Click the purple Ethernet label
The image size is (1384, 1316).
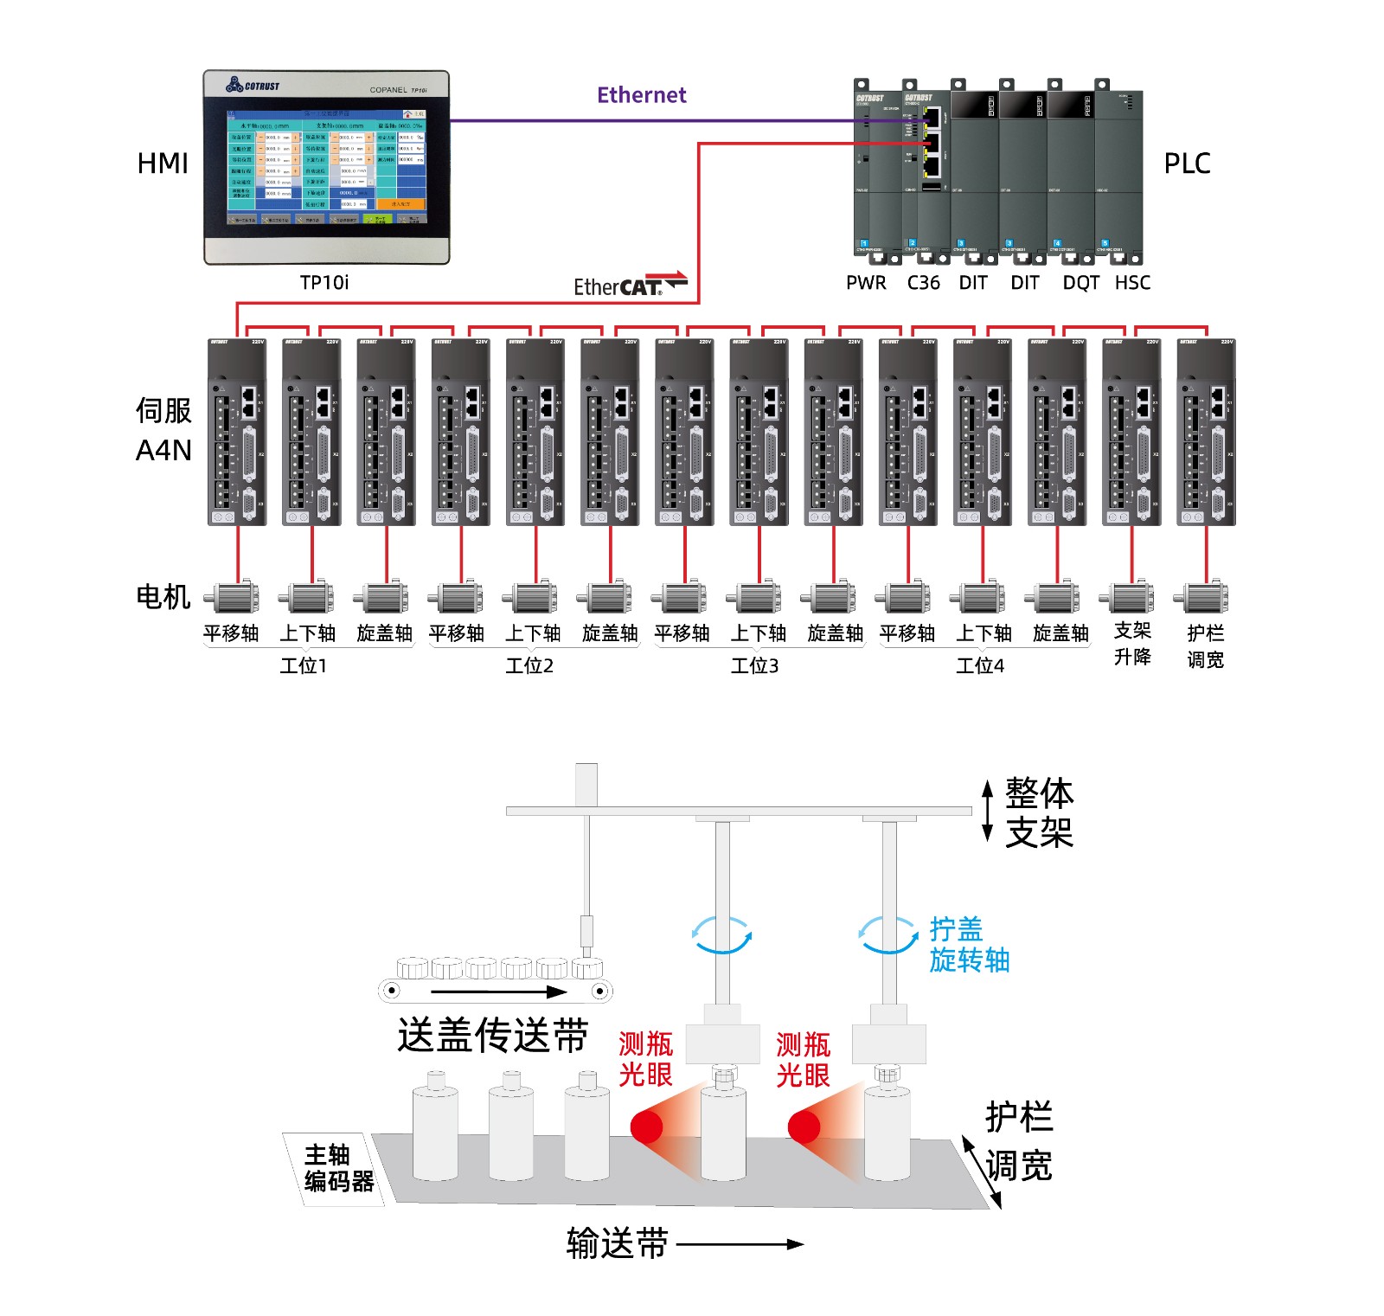pos(641,95)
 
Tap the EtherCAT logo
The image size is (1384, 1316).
pos(630,285)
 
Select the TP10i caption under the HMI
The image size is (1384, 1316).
pos(324,282)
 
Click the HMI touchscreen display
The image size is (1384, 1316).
pos(327,166)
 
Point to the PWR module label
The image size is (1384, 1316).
pos(866,283)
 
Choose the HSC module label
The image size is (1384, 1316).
pos(1132,283)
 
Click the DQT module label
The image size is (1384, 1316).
pos(1080,283)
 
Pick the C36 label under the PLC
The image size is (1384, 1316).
pos(923,283)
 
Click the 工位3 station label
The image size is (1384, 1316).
pos(754,665)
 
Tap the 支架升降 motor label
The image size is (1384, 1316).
pos(1132,644)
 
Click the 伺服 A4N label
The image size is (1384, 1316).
pos(163,430)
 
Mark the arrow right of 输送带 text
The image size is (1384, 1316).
pos(740,1244)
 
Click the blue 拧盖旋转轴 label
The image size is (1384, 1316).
pos(969,945)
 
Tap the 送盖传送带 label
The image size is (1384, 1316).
pos(493,1035)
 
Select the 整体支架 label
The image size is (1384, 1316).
pos(1039,812)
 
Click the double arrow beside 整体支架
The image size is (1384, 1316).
pos(987,811)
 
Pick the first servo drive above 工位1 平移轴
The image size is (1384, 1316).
pos(237,432)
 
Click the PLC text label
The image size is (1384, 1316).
pos(1187,164)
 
